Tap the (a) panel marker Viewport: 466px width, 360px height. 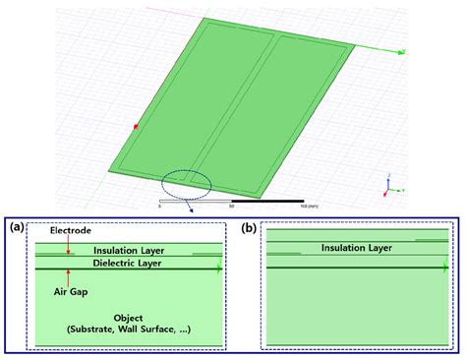tap(18, 226)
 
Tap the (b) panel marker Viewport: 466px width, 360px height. tap(250, 226)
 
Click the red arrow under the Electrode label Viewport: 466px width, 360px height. tap(68, 246)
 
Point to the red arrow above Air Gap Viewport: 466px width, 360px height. tap(68, 275)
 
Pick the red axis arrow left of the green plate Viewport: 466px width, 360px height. tap(135, 125)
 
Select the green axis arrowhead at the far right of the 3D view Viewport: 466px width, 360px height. tap(401, 49)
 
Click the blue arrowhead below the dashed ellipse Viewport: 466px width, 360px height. tap(193, 209)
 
